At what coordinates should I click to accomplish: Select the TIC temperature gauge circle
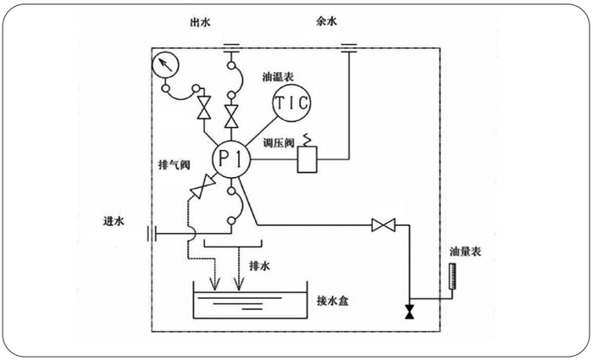tap(291, 104)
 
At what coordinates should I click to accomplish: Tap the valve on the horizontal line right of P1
tap(385, 224)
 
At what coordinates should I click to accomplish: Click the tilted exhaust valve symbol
tap(203, 187)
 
